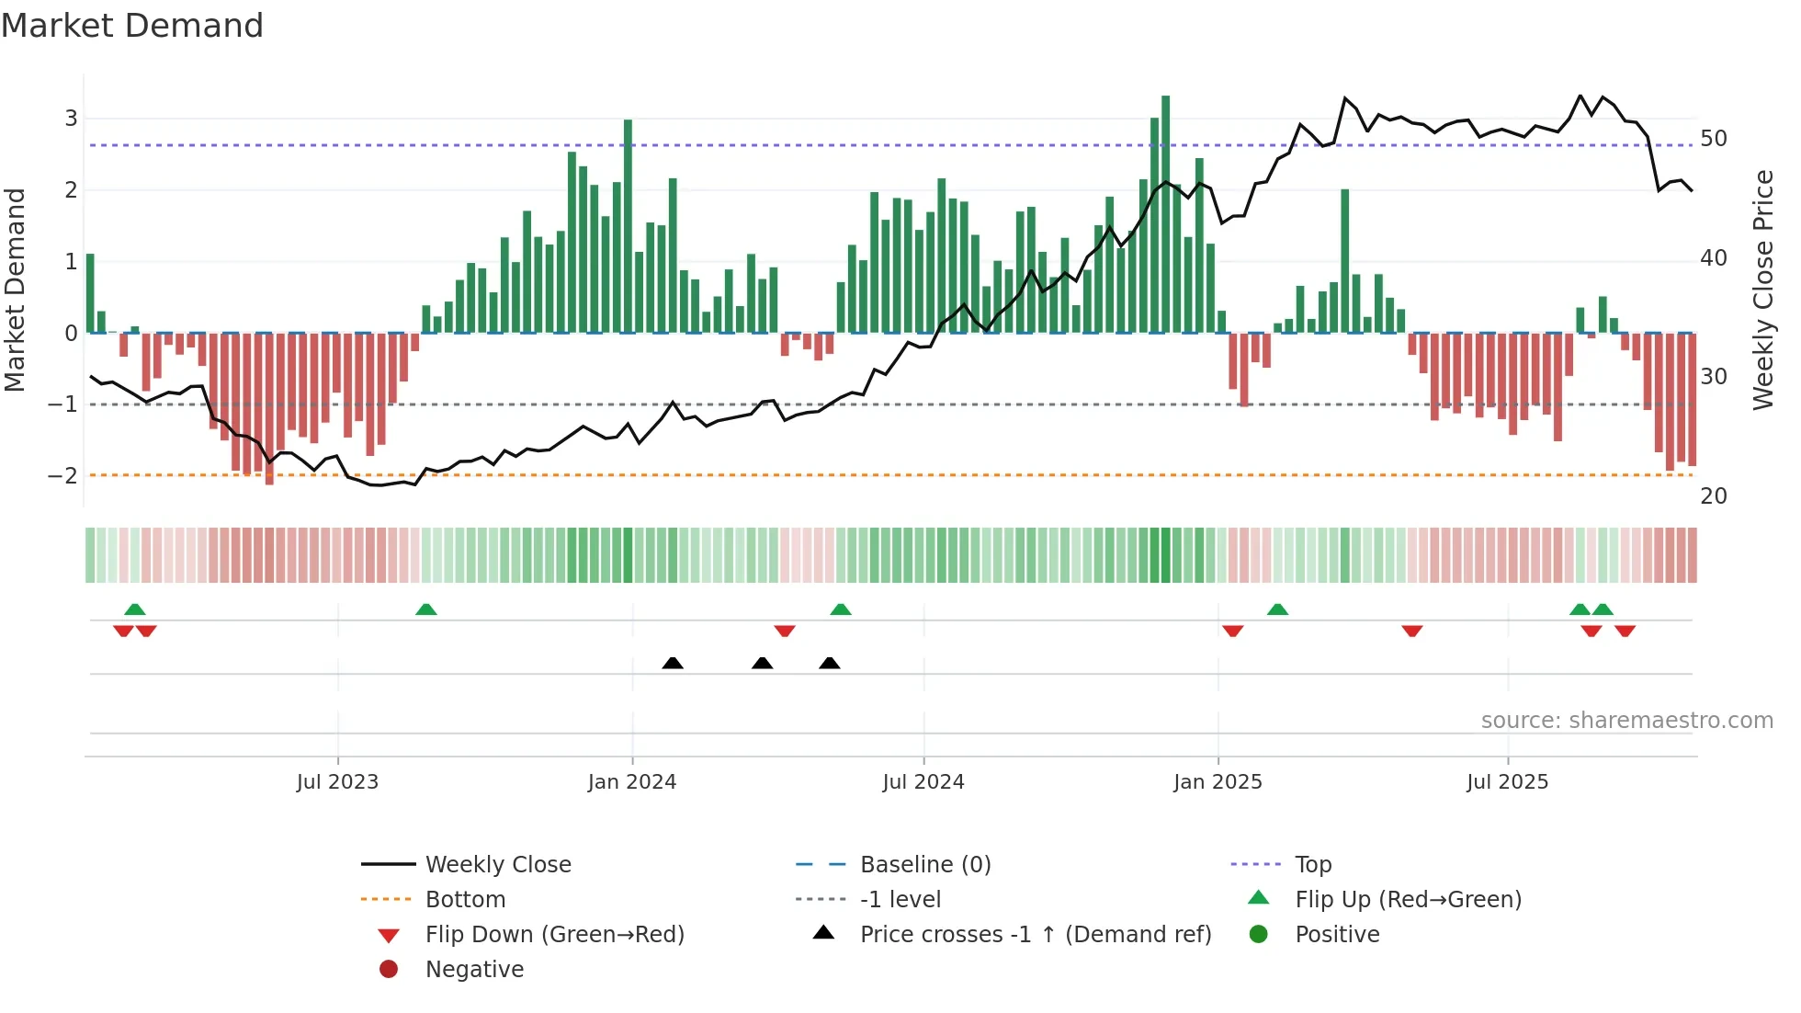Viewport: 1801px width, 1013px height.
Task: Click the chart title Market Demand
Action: (x=132, y=26)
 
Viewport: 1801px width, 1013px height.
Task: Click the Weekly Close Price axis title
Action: (x=1762, y=290)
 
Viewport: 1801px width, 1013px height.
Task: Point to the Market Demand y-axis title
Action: (x=16, y=290)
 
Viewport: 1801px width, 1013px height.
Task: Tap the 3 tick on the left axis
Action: (x=71, y=119)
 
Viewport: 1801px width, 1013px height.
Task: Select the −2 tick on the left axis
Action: (x=63, y=475)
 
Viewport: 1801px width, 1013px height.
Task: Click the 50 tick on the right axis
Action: (x=1713, y=139)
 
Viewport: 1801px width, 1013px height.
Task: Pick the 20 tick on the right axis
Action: (x=1713, y=496)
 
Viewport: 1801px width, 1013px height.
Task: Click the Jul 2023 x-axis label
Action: (x=337, y=782)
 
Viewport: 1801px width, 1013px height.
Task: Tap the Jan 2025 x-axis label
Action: (x=1218, y=782)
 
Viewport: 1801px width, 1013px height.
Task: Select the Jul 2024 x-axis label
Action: (x=923, y=782)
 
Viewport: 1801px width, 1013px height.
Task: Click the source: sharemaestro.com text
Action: (x=1626, y=721)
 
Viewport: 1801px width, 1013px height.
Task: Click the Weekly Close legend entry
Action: (x=497, y=865)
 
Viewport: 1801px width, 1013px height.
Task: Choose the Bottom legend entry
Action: (x=465, y=900)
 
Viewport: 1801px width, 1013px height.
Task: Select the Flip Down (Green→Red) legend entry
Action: (x=554, y=935)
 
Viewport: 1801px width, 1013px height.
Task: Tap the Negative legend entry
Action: (x=474, y=970)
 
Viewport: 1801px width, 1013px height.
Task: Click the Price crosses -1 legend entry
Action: (x=1035, y=935)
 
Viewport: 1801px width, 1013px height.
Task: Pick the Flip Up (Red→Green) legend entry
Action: (x=1408, y=900)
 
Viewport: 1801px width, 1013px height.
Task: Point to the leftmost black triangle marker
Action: (x=673, y=663)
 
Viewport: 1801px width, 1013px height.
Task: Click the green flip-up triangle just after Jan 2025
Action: (x=1277, y=609)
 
